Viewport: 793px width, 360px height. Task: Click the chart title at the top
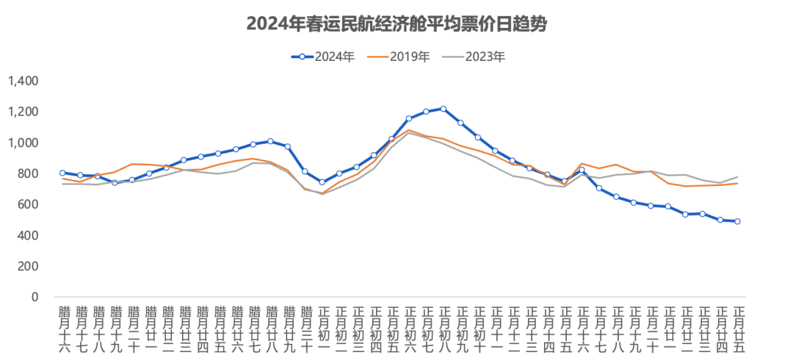[x=396, y=25]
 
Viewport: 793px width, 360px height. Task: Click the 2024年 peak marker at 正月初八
[x=443, y=109]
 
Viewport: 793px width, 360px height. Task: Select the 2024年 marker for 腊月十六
[x=62, y=173]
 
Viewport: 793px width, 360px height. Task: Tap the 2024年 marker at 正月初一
[x=322, y=182]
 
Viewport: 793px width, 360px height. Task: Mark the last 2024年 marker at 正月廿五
[x=738, y=221]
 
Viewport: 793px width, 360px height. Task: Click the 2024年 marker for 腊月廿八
[x=270, y=141]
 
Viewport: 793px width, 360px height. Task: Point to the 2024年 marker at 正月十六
[x=582, y=170]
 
